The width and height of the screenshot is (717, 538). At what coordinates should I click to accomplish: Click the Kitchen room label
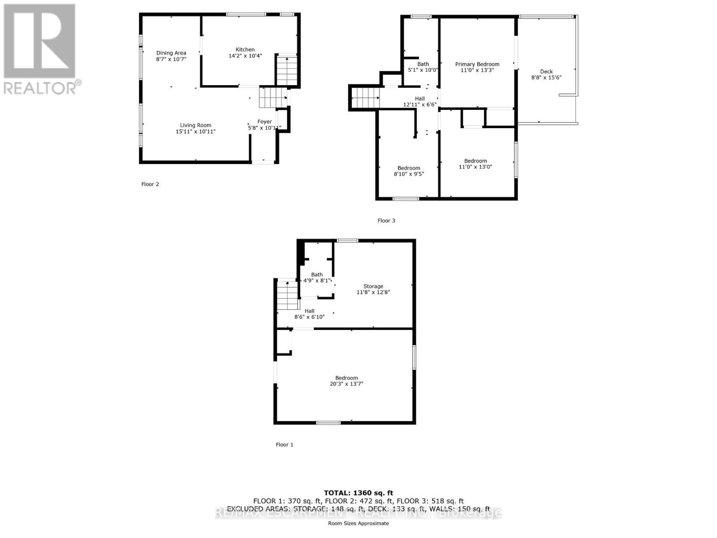click(245, 50)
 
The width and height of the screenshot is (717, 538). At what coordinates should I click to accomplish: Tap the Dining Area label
click(171, 53)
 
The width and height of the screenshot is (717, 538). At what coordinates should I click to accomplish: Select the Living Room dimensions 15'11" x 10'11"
click(196, 132)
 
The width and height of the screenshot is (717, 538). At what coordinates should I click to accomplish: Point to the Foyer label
click(264, 121)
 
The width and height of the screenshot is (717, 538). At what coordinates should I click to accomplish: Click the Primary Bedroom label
click(477, 64)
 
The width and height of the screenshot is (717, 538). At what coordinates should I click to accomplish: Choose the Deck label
click(546, 72)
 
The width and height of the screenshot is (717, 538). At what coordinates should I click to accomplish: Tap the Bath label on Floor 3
click(423, 64)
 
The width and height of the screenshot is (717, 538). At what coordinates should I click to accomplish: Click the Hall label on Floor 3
click(419, 99)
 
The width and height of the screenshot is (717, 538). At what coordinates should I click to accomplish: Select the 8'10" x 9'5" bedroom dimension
click(409, 174)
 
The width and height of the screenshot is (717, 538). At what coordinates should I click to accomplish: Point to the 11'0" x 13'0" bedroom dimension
click(475, 167)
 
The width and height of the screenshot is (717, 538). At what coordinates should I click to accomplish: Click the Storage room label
click(373, 286)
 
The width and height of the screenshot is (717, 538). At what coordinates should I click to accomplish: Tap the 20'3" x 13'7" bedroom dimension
click(346, 384)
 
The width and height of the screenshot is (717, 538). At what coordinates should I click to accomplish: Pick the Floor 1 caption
click(285, 445)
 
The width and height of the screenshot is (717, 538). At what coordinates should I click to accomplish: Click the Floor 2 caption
click(150, 184)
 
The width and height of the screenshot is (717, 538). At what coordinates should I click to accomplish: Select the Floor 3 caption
click(386, 221)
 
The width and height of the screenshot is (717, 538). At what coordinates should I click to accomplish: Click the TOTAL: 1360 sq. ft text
click(358, 493)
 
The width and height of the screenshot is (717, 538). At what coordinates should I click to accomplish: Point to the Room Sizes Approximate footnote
click(358, 524)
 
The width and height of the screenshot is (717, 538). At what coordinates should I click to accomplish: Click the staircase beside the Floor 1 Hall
click(287, 295)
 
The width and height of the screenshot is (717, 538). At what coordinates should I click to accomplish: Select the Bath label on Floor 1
click(317, 275)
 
